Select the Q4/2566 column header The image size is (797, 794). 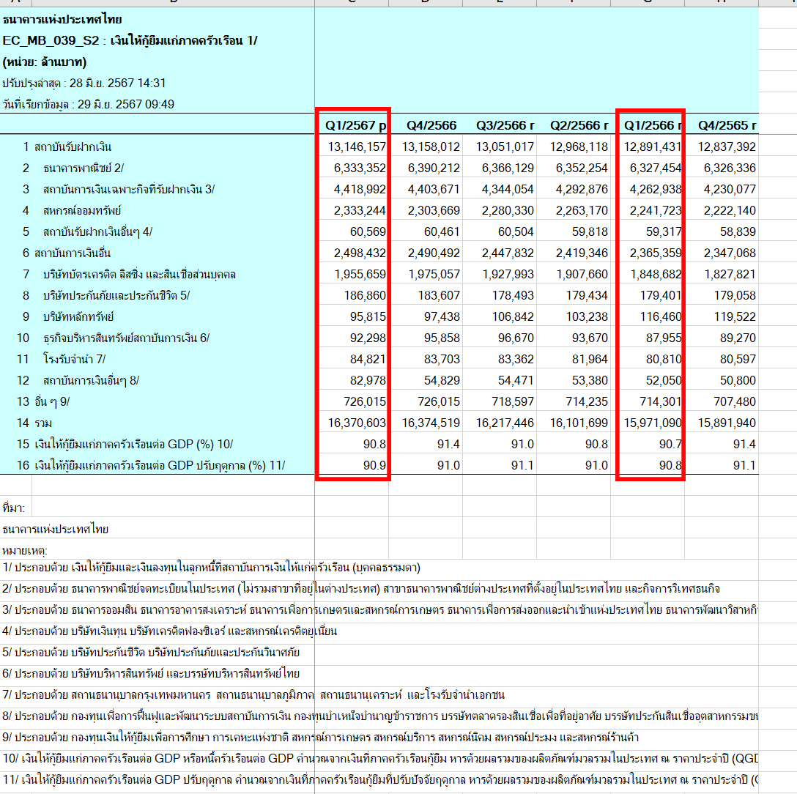click(431, 125)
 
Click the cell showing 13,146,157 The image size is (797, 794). click(357, 146)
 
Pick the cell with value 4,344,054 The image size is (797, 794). click(505, 189)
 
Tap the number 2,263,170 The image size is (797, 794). click(579, 210)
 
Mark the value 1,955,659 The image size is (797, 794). click(357, 274)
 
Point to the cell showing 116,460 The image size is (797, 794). click(659, 316)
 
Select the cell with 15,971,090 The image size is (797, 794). click(651, 423)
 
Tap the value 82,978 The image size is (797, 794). click(366, 380)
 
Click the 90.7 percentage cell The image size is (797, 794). click(670, 444)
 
